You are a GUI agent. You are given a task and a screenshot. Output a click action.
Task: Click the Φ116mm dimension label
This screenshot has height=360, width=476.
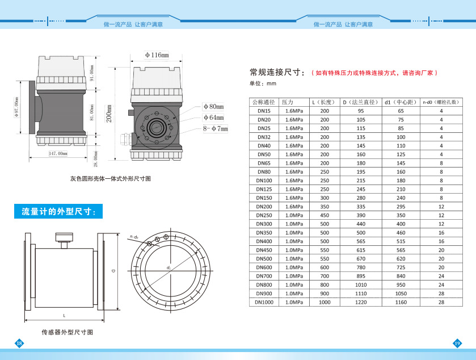pos(157,55)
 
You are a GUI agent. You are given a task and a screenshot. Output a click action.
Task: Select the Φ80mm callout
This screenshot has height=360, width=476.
pos(213,106)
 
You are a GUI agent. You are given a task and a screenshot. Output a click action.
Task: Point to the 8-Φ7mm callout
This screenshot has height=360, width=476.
pos(215,129)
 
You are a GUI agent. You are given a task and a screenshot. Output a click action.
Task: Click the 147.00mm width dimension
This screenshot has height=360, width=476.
pos(58,153)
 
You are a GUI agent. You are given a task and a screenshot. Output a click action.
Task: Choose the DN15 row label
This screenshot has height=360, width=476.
pos(264,111)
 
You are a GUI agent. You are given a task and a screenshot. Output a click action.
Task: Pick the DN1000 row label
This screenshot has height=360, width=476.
pos(264,302)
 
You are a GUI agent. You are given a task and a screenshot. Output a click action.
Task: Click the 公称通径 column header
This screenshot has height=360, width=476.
pos(264,102)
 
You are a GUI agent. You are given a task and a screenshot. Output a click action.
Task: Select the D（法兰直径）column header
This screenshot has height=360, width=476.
pos(360,102)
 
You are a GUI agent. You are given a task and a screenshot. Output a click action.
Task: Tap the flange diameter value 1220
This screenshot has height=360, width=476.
pos(360,302)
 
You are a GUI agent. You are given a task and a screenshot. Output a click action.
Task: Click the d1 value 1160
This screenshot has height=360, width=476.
pos(401,302)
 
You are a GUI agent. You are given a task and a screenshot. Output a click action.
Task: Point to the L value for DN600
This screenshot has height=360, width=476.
pos(325,267)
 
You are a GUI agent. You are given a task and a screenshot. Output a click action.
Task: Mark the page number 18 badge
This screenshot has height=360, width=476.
pos(19,343)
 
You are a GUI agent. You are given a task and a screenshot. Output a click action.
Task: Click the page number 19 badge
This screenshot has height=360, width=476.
pos(457,343)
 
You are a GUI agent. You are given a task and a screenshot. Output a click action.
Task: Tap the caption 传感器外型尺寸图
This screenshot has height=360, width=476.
pos(67,332)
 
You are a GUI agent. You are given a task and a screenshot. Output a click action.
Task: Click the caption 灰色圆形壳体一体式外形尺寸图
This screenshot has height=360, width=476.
pos(110,178)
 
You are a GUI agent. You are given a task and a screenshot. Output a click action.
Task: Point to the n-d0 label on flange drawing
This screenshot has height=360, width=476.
pos(134,236)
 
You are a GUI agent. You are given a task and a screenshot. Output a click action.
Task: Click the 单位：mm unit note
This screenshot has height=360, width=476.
pos(263,83)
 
